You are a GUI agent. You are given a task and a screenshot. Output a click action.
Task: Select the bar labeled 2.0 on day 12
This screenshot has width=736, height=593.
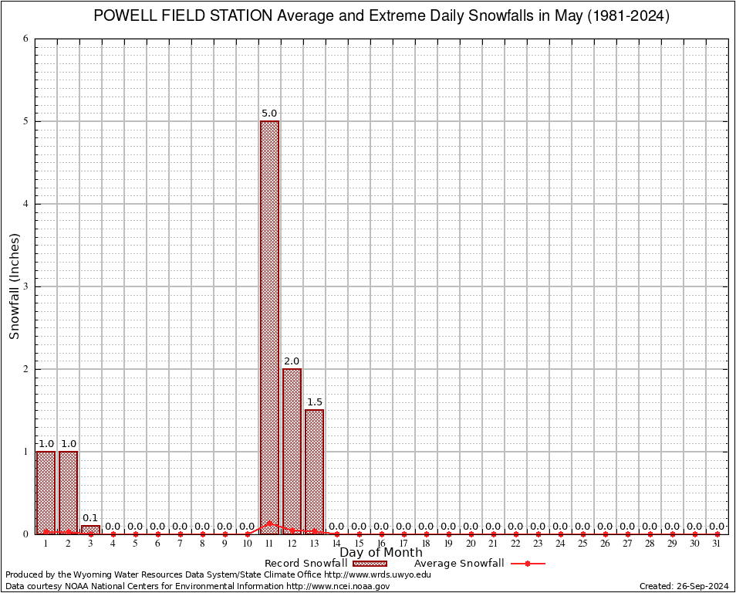[292, 451]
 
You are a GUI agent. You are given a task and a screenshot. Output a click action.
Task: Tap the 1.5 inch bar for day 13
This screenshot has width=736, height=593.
[314, 471]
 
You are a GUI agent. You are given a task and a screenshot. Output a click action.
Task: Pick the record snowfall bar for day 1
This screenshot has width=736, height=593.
[46, 492]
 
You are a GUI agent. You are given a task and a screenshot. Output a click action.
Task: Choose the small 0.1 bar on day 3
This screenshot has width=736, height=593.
[90, 530]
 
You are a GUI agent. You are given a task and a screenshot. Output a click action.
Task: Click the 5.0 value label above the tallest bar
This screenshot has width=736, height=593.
[269, 114]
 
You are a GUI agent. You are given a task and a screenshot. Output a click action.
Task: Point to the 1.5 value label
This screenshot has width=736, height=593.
[314, 402]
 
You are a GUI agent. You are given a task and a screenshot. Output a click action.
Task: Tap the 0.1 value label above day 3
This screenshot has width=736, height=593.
[90, 518]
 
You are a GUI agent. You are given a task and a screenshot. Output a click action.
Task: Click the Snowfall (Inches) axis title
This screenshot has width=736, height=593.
[14, 286]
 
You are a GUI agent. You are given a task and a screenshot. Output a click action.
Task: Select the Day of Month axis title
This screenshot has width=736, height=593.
[381, 553]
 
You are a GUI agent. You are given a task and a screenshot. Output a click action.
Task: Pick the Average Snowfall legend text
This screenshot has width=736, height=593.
[458, 564]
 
